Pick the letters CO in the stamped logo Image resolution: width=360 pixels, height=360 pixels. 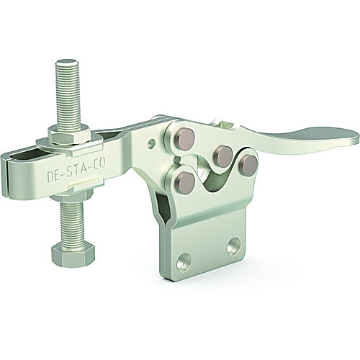(x=99, y=163)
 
